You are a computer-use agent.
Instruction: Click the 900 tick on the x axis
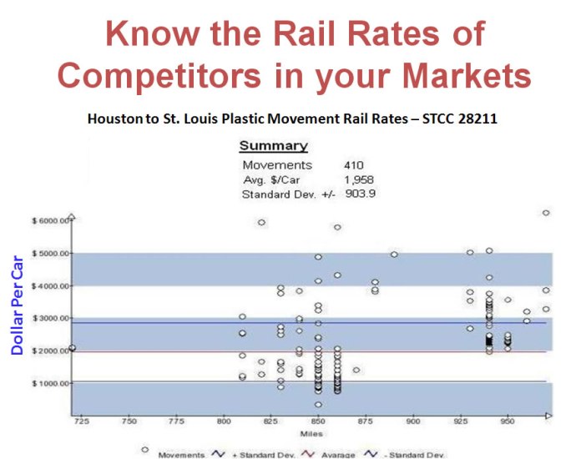pyautogui.click(x=412, y=421)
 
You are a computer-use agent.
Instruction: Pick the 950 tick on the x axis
pyautogui.click(x=507, y=421)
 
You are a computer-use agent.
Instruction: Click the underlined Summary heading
pyautogui.click(x=273, y=146)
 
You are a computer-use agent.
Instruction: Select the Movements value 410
pyautogui.click(x=353, y=165)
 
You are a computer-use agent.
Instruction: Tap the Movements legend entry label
pyautogui.click(x=181, y=455)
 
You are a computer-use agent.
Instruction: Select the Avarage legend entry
pyautogui.click(x=334, y=455)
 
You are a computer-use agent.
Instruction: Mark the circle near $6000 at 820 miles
pyautogui.click(x=261, y=222)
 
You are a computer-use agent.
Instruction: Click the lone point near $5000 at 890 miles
pyautogui.click(x=394, y=254)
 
